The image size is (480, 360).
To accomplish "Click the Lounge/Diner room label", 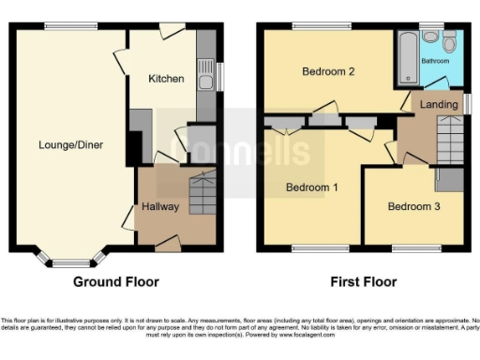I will coord(70,144).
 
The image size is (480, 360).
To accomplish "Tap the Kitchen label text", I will coord(166,79).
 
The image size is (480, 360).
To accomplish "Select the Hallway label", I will coord(160,206).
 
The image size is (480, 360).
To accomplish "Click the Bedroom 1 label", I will coord(311,187).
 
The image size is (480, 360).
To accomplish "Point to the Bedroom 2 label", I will coord(327,72).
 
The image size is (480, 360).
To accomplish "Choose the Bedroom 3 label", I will coord(413,206).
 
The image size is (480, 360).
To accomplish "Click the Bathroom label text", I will coord(435,61).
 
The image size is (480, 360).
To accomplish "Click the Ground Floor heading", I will coord(116,281).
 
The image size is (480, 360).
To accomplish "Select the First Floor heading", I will coord(364,281).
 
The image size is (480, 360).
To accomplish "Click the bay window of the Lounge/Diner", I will coord(71,257).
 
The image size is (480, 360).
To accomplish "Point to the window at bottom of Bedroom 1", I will coord(310,248).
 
